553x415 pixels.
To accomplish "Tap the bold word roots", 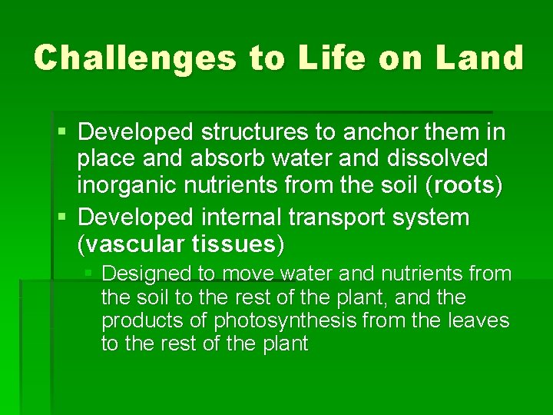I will pos(466,185).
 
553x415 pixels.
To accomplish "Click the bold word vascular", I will pos(131,244).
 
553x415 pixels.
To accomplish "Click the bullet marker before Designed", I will pos(89,274).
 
